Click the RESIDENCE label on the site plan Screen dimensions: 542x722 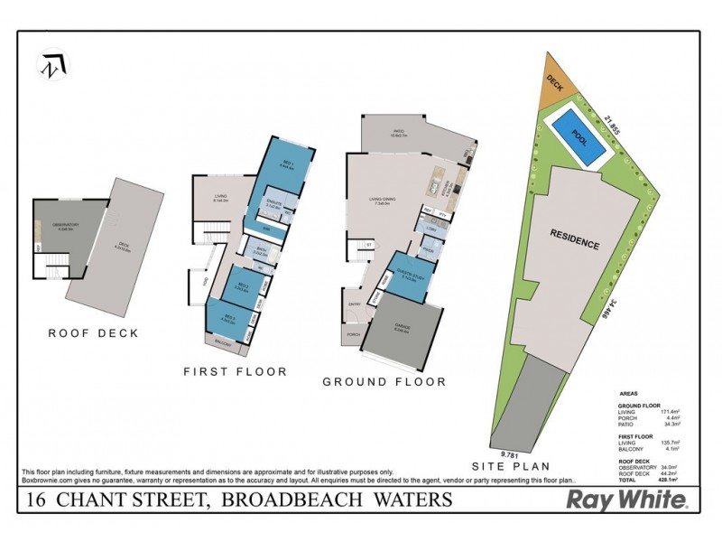click(575, 244)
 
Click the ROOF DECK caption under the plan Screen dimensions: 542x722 click(94, 332)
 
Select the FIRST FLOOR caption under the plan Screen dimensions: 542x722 click(235, 370)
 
